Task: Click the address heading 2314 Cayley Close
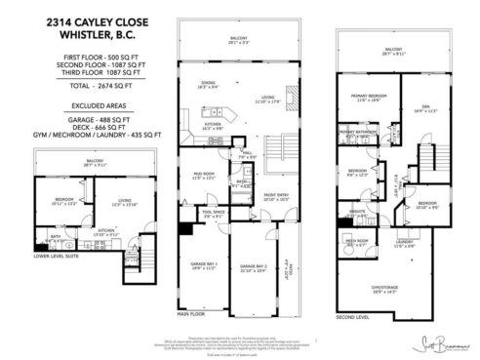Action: pyautogui.click(x=88, y=20)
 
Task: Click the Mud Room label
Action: pyautogui.click(x=203, y=175)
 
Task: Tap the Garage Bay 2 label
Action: pyautogui.click(x=255, y=266)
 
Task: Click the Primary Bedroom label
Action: pyautogui.click(x=364, y=96)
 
